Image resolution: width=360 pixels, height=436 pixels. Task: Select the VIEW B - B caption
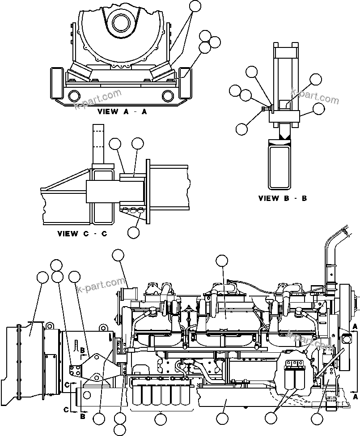pos(283,198)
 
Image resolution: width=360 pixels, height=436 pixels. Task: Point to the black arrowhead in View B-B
pos(284,133)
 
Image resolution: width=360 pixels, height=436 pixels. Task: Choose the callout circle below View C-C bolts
pos(133,232)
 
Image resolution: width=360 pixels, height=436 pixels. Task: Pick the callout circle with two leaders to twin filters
pos(271,419)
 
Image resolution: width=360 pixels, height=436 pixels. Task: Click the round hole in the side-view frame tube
pos(86,394)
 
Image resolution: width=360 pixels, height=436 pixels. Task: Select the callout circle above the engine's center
pos(222,261)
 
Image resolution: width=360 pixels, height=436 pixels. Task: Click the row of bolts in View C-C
pos(132,209)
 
